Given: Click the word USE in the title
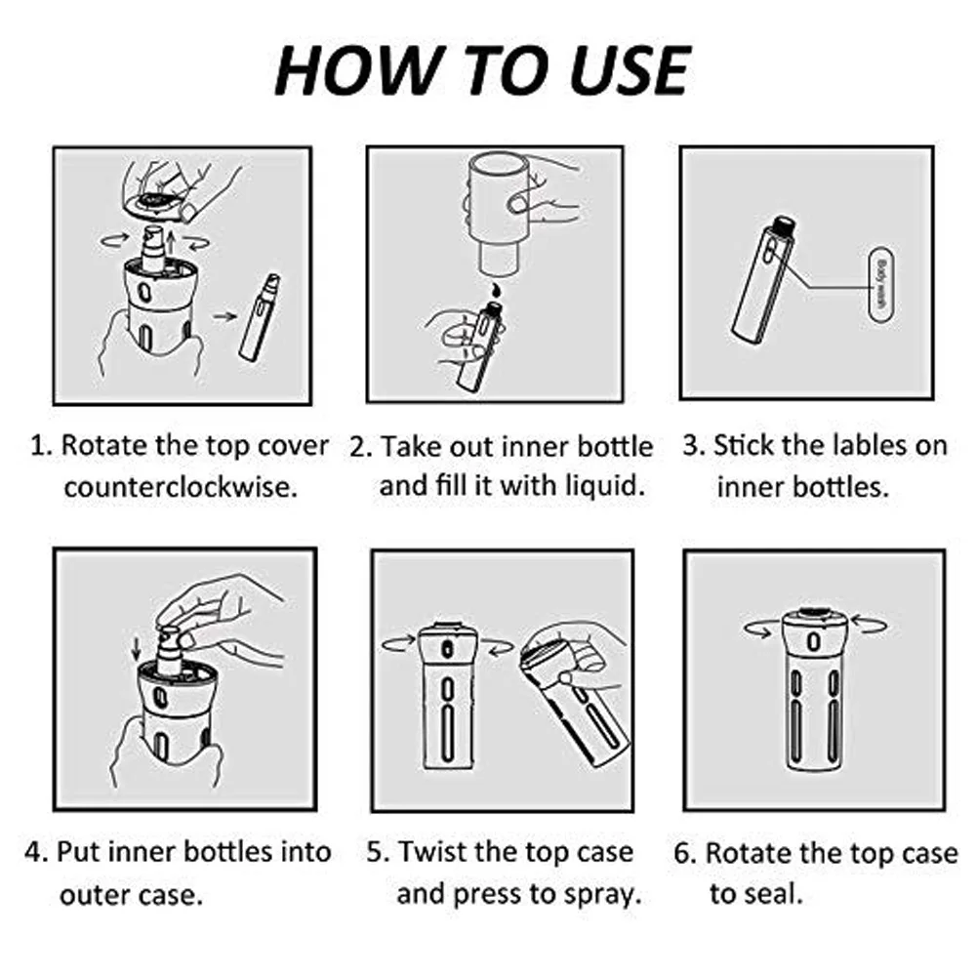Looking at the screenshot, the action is click(x=630, y=70).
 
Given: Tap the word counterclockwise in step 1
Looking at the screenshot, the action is click(x=181, y=487).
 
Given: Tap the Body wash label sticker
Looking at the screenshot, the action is click(x=880, y=284).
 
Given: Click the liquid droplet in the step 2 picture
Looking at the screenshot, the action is click(x=496, y=290).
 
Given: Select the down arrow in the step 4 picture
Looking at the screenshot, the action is click(x=137, y=649).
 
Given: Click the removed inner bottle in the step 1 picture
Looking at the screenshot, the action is click(x=260, y=318).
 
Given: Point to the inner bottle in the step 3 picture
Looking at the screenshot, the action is click(x=763, y=280).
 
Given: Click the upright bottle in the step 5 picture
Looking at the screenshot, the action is click(x=447, y=695).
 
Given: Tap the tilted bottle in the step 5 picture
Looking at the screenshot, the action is click(x=573, y=700).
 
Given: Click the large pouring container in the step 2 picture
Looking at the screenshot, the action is click(x=499, y=213).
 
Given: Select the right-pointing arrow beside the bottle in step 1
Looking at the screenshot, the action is click(x=224, y=316).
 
